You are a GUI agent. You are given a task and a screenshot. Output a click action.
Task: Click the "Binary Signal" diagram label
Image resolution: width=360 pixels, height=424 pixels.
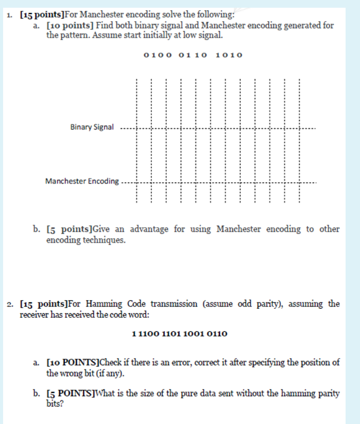tap(92, 127)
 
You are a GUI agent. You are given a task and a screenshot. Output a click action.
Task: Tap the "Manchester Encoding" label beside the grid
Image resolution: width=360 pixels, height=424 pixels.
tap(82, 181)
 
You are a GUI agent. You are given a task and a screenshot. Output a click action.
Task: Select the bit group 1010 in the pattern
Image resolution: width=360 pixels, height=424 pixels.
tap(229, 55)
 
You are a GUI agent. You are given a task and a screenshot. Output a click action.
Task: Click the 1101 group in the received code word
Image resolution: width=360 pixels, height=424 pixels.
tap(173, 334)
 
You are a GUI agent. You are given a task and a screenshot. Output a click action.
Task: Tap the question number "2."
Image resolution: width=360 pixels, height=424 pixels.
tap(11, 304)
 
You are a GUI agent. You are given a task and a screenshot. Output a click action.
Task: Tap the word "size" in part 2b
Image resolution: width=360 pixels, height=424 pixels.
tap(149, 394)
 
